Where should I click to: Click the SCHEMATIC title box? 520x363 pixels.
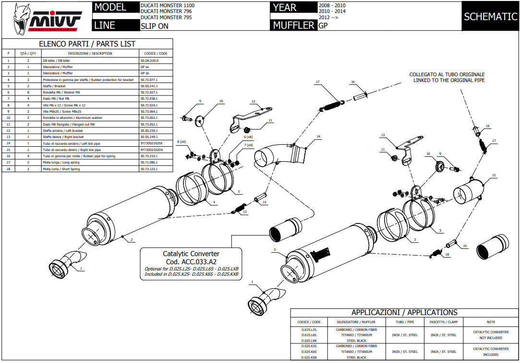(490, 17)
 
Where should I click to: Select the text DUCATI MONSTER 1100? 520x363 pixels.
(168, 5)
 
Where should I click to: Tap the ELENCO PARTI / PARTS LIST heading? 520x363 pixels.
(87, 44)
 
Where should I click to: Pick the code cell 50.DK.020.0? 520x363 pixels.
(149, 61)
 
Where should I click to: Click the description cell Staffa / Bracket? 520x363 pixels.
(54, 86)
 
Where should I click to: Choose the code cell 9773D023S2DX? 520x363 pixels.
(152, 150)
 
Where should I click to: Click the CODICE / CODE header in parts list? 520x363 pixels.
(156, 53)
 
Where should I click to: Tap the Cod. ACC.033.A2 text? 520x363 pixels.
(191, 261)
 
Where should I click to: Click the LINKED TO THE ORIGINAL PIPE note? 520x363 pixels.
(449, 80)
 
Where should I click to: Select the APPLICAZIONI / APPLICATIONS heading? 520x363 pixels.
(404, 312)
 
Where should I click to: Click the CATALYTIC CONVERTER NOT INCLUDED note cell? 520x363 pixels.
(491, 335)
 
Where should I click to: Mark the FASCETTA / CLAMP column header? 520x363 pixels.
(443, 322)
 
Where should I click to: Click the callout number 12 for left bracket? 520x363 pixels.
(253, 102)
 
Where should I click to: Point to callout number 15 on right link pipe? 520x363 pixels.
(494, 176)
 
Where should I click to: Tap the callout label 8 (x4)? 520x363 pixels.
(181, 142)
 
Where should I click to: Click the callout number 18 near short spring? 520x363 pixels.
(447, 254)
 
